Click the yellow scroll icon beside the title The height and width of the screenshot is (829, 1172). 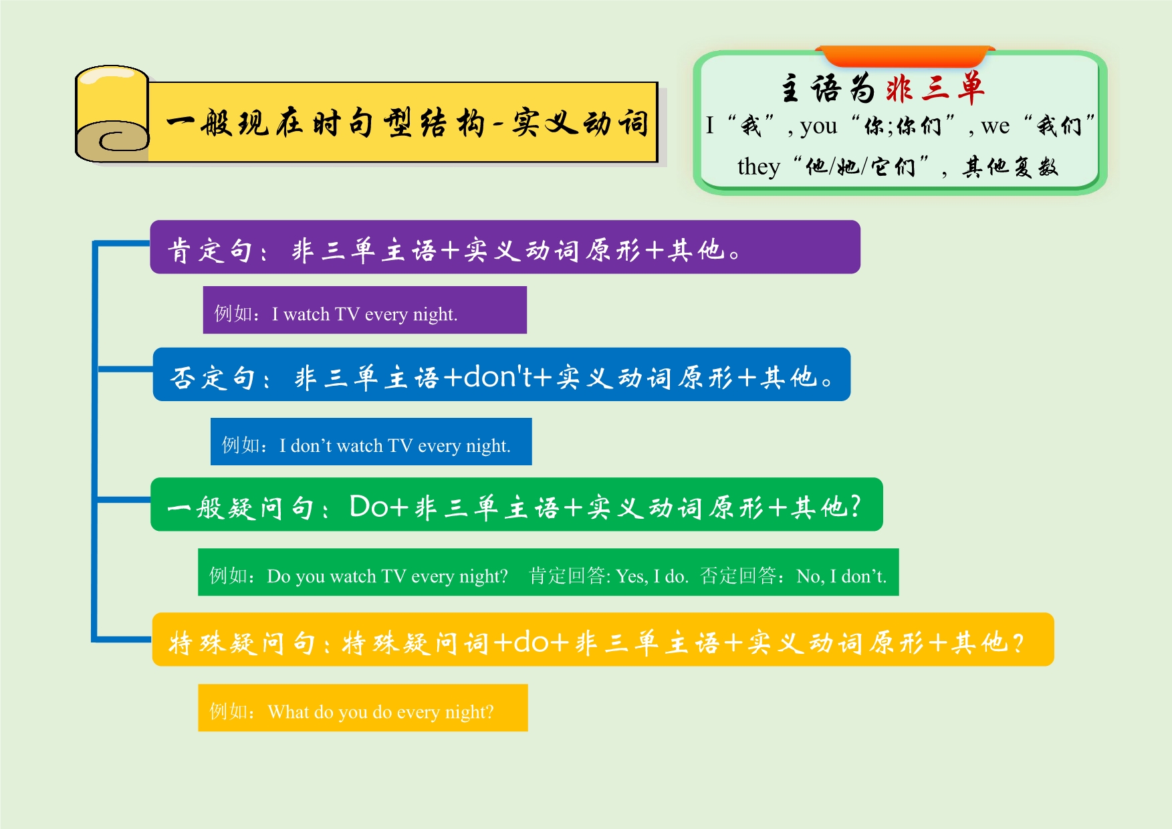112,114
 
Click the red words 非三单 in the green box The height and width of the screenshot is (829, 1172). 935,88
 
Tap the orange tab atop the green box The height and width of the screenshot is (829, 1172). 905,55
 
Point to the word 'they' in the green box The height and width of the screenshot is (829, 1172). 759,166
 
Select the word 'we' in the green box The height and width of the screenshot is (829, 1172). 995,126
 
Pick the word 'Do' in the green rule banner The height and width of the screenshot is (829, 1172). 368,506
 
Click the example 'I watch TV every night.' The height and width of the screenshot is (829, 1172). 364,314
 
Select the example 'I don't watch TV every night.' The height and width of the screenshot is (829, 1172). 394,445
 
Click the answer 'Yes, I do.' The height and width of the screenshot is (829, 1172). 652,576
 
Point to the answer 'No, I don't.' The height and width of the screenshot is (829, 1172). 841,576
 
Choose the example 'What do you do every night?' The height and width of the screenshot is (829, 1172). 380,712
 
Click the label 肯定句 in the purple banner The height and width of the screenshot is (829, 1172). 209,251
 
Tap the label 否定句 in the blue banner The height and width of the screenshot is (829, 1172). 213,378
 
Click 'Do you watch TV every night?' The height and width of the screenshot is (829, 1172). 387,576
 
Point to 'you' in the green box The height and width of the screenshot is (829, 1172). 818,126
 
